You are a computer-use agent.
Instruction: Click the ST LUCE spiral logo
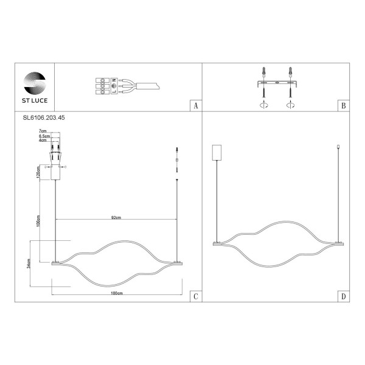(33, 82)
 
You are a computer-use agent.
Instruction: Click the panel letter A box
(195, 106)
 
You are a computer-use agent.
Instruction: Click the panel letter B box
(344, 106)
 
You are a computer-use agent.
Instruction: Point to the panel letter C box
(195, 296)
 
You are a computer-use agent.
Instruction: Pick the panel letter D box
(344, 296)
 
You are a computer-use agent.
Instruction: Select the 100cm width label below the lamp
(117, 293)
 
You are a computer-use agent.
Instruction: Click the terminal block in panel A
(105, 86)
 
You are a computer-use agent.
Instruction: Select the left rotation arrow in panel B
(264, 105)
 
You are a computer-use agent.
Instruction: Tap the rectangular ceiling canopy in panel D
(215, 151)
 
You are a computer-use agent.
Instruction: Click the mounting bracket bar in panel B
(277, 82)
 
